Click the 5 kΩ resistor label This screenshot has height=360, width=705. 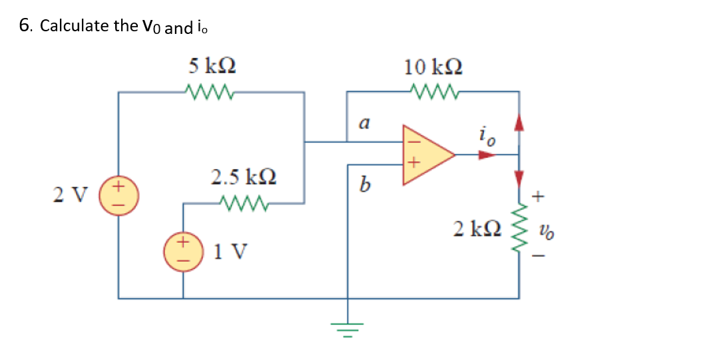(x=212, y=66)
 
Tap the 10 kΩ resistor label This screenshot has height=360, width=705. (x=434, y=67)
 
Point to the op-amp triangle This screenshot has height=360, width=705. (x=424, y=154)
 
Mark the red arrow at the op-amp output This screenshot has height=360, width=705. (x=488, y=155)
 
